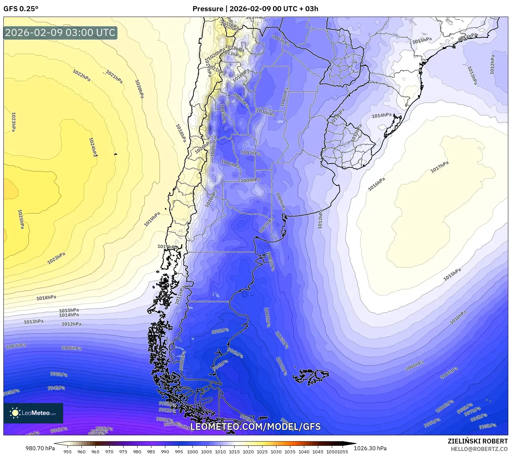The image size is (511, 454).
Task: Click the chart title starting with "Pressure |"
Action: click(x=255, y=8)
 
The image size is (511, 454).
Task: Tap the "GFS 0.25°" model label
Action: click(x=21, y=8)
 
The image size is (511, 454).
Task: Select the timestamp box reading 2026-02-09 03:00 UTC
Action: click(x=60, y=33)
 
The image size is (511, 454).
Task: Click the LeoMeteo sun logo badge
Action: click(x=33, y=413)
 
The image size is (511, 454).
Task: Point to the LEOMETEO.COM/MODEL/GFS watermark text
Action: click(x=255, y=426)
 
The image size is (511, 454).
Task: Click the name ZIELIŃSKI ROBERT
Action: click(x=478, y=441)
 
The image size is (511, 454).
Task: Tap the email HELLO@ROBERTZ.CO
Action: click(x=479, y=449)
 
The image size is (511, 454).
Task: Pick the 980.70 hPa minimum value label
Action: click(x=40, y=448)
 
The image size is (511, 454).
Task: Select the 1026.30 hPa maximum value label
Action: click(x=370, y=448)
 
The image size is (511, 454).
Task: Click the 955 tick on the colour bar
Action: click(x=68, y=451)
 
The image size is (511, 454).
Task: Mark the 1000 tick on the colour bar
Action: click(x=193, y=451)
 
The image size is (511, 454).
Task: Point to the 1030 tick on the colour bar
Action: click(x=276, y=451)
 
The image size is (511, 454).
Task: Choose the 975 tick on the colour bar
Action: click(x=123, y=451)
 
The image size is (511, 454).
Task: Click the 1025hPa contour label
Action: click(x=21, y=219)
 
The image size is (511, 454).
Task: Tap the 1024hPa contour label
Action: click(x=93, y=147)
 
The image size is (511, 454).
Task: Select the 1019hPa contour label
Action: click(x=152, y=219)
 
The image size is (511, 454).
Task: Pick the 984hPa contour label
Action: click(x=59, y=430)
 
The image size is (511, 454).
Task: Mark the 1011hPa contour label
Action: click(x=180, y=295)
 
